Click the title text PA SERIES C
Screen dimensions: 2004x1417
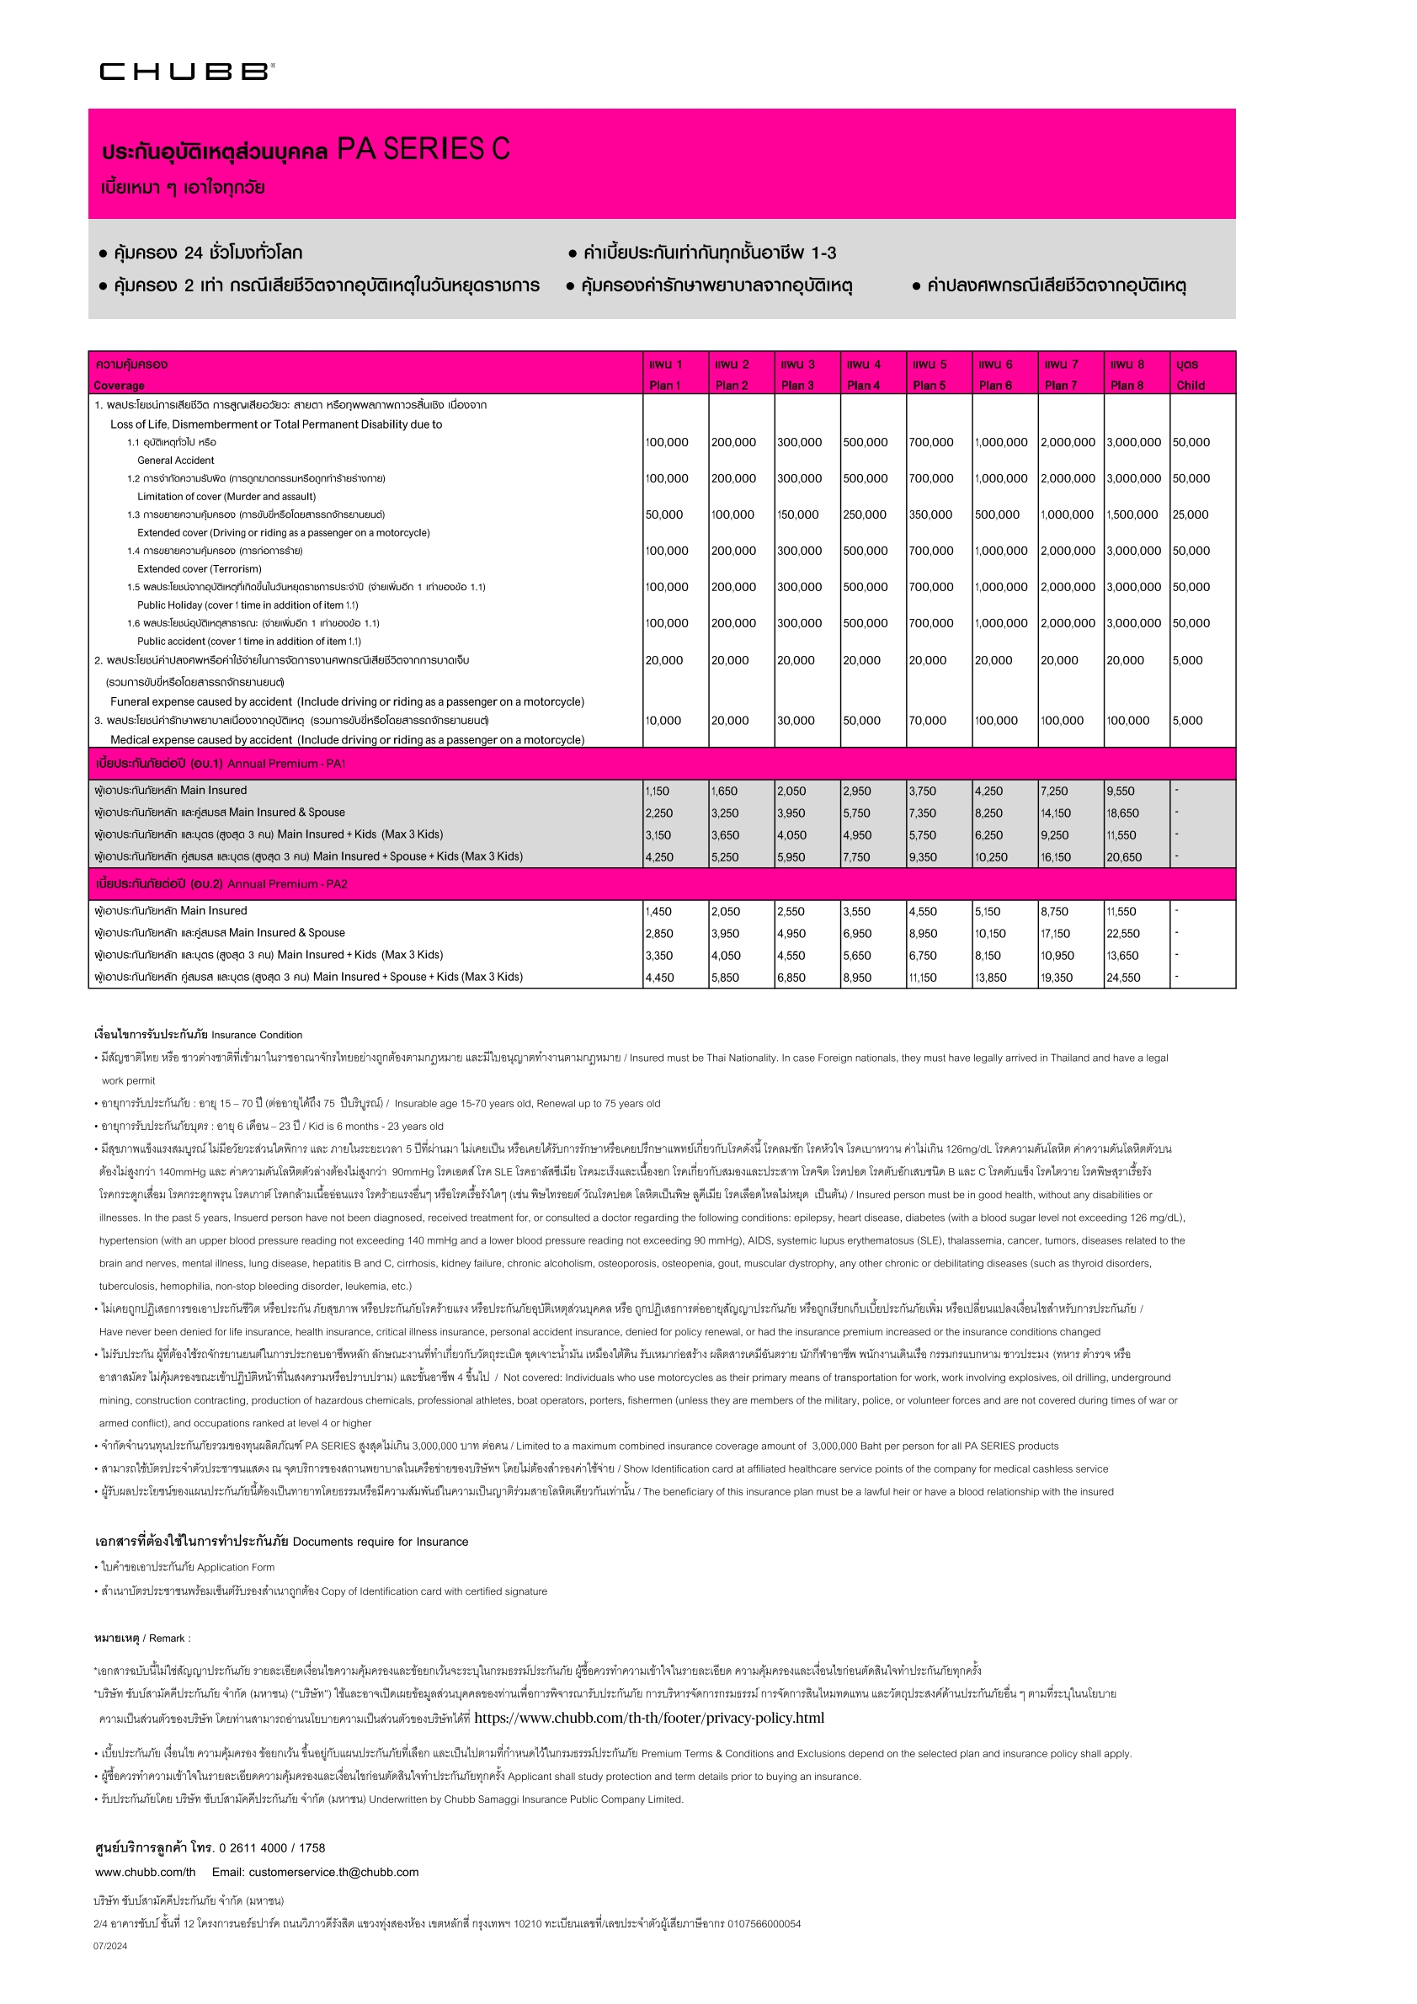coord(424,149)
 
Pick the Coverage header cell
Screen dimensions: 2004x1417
coord(120,385)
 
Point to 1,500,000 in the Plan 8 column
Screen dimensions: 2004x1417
coord(1133,514)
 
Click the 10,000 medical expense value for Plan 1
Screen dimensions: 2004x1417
coord(663,720)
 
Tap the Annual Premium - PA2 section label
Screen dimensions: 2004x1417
coord(287,884)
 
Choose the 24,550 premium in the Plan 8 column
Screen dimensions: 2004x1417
coord(1123,978)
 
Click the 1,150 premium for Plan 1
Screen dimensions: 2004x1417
coord(657,791)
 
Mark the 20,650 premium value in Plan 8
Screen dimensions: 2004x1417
coord(1124,857)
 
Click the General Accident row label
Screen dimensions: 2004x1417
coord(175,460)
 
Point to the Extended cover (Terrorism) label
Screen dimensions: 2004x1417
coord(199,568)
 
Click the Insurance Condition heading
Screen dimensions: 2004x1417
coord(257,1035)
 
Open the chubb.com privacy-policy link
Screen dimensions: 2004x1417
coord(648,1718)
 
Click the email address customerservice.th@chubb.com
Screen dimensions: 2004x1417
coord(315,1871)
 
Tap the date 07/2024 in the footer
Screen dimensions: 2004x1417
coord(110,1946)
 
